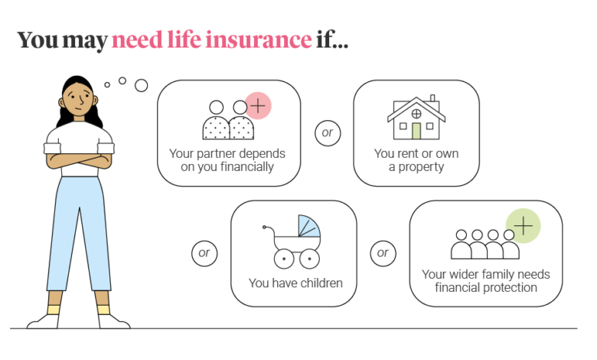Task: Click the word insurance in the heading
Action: (x=259, y=40)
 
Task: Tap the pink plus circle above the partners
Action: (x=258, y=106)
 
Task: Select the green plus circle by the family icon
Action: (x=523, y=226)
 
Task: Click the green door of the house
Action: (x=416, y=131)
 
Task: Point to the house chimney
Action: (x=432, y=98)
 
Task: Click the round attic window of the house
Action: (x=416, y=113)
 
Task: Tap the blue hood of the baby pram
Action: (x=308, y=226)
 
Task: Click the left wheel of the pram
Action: (x=284, y=259)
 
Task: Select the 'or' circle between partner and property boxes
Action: (x=328, y=133)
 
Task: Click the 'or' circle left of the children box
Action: (x=204, y=254)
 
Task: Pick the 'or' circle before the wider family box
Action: (x=383, y=254)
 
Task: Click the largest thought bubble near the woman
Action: (x=142, y=85)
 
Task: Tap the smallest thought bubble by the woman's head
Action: (x=107, y=84)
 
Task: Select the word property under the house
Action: (x=421, y=167)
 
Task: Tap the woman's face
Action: (x=77, y=99)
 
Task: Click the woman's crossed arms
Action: (x=79, y=160)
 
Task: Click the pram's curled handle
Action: (x=269, y=230)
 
